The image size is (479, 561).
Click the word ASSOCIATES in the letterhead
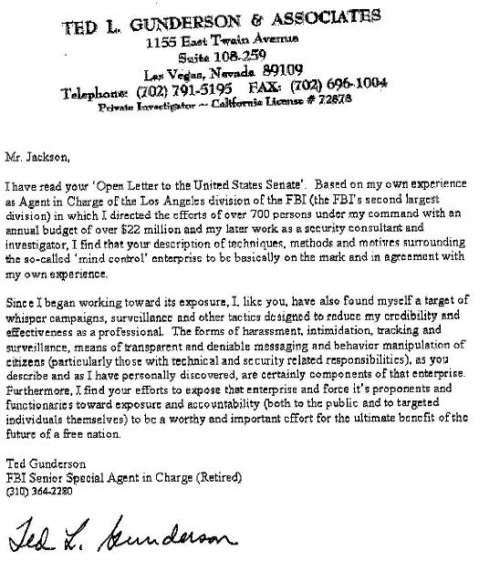pyautogui.click(x=318, y=16)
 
